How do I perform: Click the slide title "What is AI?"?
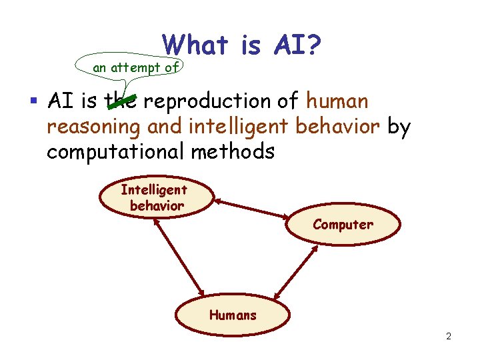(x=243, y=45)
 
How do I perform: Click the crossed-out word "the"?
(x=122, y=101)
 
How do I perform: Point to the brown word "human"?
(x=337, y=101)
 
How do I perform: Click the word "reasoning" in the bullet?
(x=93, y=127)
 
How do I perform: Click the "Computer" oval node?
(x=343, y=225)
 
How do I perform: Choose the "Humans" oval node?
(x=233, y=315)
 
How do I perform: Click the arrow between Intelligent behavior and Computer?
(x=252, y=207)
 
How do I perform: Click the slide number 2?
(x=449, y=336)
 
